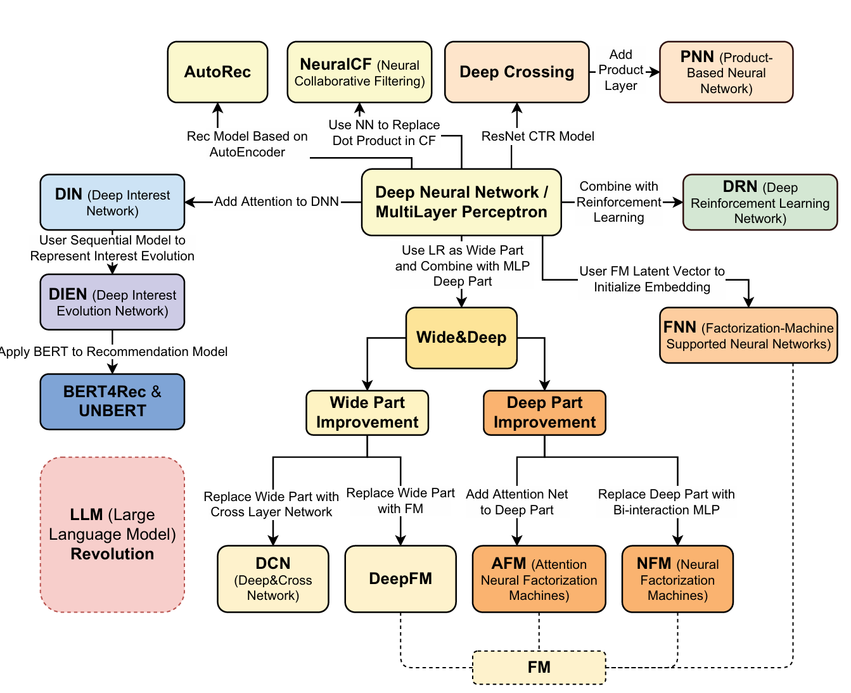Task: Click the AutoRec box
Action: click(x=217, y=72)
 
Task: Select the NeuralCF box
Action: click(x=359, y=72)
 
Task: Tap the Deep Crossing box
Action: click(x=516, y=72)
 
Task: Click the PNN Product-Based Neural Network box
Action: click(x=726, y=72)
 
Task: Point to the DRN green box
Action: click(x=760, y=203)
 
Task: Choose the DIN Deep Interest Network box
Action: click(x=112, y=203)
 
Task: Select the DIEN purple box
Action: click(x=112, y=302)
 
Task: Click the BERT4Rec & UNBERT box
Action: click(x=112, y=402)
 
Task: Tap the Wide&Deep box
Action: click(x=461, y=338)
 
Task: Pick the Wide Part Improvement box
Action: click(x=367, y=413)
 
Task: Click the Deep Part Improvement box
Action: click(x=544, y=413)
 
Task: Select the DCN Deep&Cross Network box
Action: click(x=273, y=579)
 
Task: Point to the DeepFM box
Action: click(x=400, y=579)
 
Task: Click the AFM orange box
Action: click(x=539, y=579)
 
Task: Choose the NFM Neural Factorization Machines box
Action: click(x=677, y=579)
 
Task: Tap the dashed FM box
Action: click(x=539, y=668)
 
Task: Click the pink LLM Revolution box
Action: click(x=112, y=535)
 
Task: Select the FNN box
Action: click(x=748, y=336)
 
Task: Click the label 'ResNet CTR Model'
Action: click(x=538, y=136)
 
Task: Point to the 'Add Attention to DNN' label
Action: click(x=276, y=201)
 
